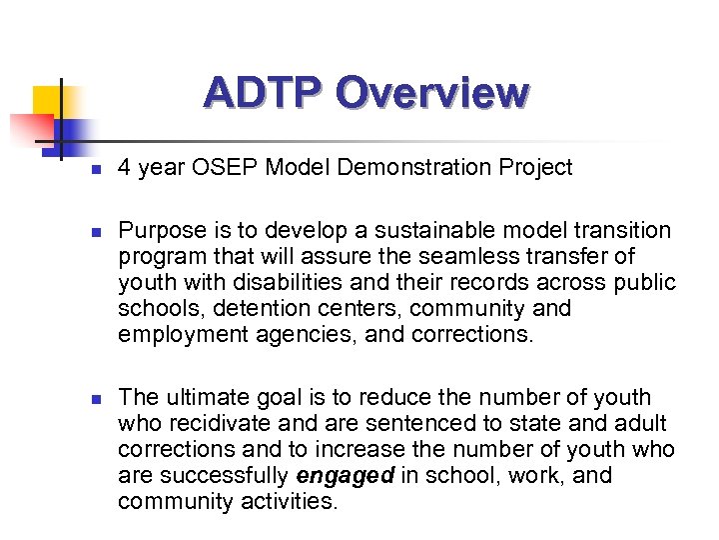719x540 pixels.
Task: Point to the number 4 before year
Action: tap(124, 168)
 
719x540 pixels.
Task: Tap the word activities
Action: tap(290, 502)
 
